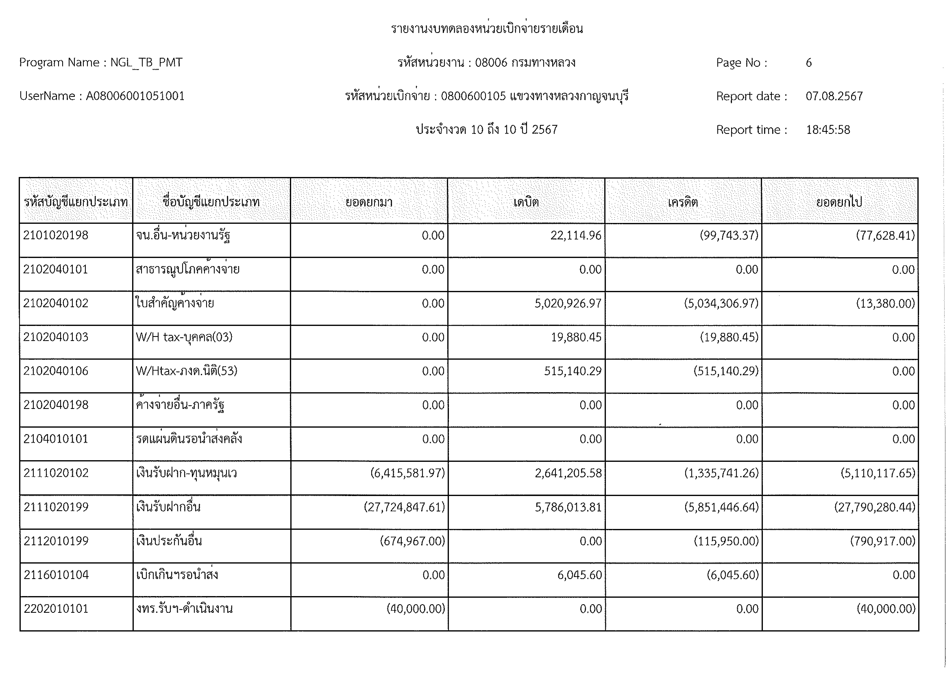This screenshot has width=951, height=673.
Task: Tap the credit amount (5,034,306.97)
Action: pos(721,303)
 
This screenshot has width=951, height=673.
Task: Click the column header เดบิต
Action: pos(526,202)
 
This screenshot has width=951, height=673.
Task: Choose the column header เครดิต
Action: pos(683,202)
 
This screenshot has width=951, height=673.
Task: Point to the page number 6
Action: pos(809,63)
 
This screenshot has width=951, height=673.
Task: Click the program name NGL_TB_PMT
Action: pos(146,63)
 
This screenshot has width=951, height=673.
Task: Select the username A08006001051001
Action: pos(135,96)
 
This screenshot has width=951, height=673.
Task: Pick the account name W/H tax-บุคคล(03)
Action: pos(184,337)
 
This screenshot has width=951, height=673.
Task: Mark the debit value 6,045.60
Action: pos(580,575)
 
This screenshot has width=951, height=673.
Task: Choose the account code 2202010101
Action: pos(56,609)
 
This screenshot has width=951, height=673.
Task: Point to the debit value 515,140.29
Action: pos(573,371)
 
